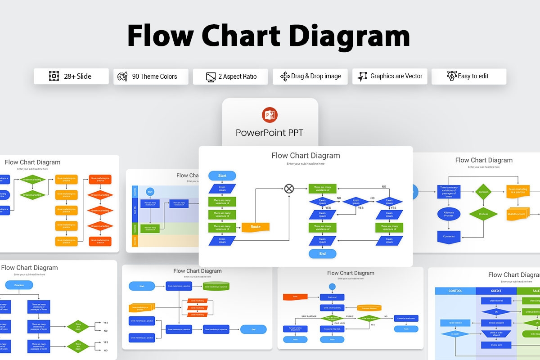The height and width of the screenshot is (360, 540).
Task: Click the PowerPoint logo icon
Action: [x=270, y=115]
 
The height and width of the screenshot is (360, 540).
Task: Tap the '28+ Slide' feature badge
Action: [x=71, y=76]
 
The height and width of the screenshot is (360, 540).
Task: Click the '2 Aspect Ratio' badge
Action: [x=230, y=76]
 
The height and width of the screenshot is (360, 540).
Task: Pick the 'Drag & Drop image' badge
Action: [x=310, y=76]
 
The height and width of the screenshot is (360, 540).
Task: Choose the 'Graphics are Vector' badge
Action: [x=390, y=76]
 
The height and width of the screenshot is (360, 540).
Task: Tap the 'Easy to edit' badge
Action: [x=468, y=76]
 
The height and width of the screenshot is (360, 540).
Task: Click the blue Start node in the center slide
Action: [x=222, y=175]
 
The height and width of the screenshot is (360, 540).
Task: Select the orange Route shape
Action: [x=256, y=227]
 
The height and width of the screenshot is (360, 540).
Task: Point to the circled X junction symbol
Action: [x=289, y=189]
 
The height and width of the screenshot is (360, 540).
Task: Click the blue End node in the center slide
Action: [x=322, y=254]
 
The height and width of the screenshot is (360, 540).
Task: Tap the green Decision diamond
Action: [x=483, y=192]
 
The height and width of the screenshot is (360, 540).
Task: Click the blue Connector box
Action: [x=449, y=236]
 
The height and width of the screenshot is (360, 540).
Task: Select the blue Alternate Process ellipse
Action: [x=449, y=214]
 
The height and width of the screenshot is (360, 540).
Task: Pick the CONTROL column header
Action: [x=455, y=291]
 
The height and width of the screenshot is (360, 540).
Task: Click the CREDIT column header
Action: [x=496, y=291]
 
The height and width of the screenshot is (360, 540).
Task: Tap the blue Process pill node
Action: [x=19, y=285]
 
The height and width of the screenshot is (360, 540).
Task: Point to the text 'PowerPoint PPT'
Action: [x=270, y=133]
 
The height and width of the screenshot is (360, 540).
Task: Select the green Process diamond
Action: [x=483, y=214]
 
